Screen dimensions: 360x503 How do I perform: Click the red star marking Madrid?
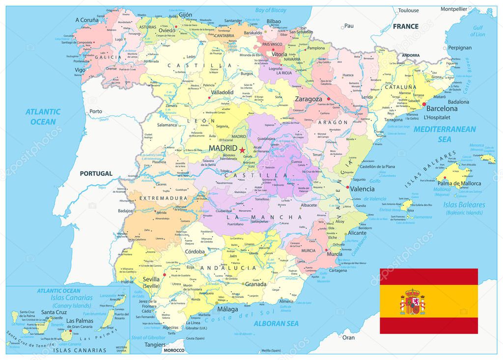tap(242, 149)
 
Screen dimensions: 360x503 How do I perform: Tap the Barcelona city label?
tap(442, 109)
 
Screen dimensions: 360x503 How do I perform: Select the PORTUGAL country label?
tap(96, 173)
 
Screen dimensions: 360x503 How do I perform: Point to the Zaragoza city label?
tap(308, 99)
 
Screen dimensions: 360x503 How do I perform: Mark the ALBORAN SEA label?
tap(276, 323)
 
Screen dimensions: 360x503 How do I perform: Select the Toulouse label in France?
tap(409, 10)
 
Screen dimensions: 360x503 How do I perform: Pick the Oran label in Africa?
tap(348, 337)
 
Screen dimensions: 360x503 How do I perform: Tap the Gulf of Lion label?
tap(478, 31)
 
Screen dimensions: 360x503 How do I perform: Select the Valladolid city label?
tap(222, 92)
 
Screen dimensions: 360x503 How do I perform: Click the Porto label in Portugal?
tap(96, 111)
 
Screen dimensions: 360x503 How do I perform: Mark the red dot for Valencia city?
tap(348, 188)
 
